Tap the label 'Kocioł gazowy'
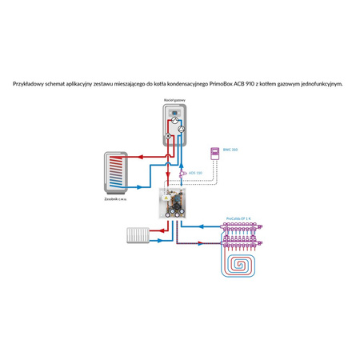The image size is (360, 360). point(174,100)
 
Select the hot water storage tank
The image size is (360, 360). point(115,171)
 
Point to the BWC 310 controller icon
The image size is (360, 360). point(214,152)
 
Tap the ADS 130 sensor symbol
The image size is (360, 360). point(181,173)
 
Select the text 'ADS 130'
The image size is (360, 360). point(194,173)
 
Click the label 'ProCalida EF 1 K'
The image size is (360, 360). point(238,218)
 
